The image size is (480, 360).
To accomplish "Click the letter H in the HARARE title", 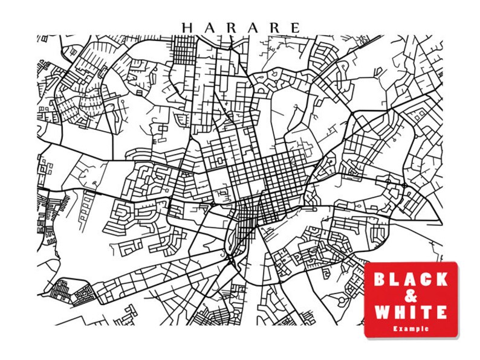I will click(187, 28).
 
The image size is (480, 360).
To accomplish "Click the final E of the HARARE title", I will click(295, 28).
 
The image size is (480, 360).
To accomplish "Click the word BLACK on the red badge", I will click(410, 279).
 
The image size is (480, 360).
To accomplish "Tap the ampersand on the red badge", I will click(410, 296).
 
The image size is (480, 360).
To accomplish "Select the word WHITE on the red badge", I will click(410, 312).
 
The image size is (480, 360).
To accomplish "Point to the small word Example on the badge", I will click(410, 329).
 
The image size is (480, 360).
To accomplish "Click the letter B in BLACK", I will click(380, 279).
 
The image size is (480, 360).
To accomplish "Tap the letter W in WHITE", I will click(381, 312).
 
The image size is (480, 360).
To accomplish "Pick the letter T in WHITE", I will click(427, 312).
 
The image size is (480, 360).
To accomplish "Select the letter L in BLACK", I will click(395, 279).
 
